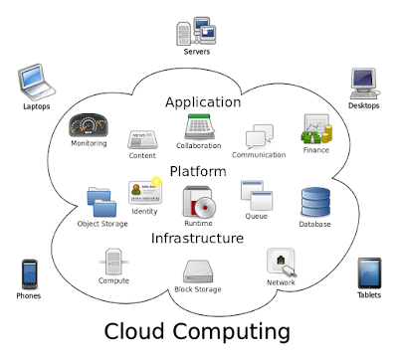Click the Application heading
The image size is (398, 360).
[x=203, y=101]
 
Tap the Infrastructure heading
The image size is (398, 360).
[x=197, y=239]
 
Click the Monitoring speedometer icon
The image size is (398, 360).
[x=89, y=125]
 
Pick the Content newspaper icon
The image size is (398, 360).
[x=142, y=139]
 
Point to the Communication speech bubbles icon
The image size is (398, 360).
[x=259, y=137]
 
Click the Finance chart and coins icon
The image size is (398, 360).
[x=316, y=130]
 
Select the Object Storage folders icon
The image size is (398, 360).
[x=102, y=202]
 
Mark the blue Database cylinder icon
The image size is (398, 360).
[x=315, y=202]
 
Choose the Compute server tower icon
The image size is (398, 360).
[x=113, y=263]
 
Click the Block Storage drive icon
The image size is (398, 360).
[x=197, y=270]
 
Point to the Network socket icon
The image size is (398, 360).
[x=280, y=262]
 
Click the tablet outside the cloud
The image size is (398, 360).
[x=370, y=273]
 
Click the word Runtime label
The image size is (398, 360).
[x=197, y=225]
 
